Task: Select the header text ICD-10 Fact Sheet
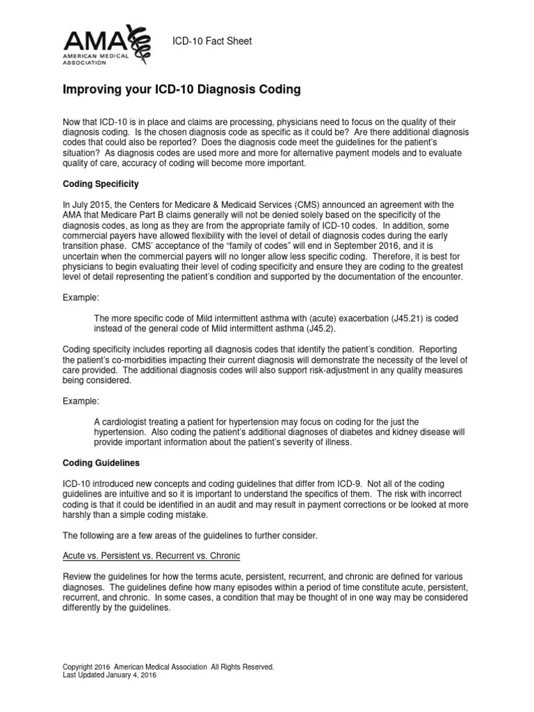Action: pyautogui.click(x=212, y=42)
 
